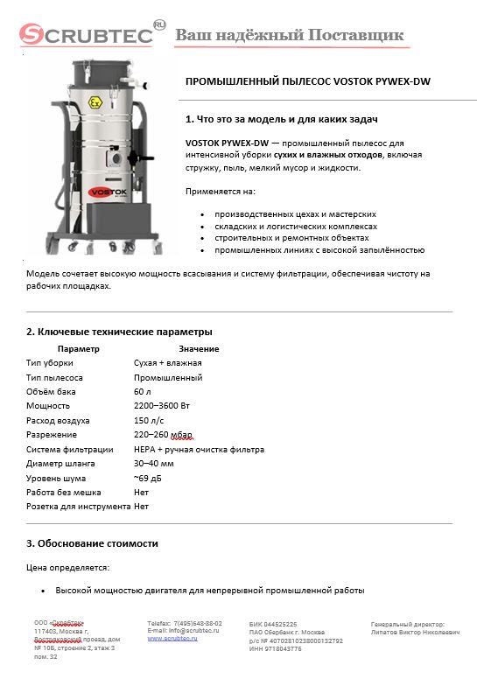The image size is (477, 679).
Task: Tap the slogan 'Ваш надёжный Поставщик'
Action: (290, 35)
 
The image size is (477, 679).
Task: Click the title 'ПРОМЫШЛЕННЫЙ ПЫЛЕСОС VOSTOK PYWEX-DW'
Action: (308, 82)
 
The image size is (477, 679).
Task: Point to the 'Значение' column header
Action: (199, 349)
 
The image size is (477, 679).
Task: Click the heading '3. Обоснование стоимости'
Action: (92, 543)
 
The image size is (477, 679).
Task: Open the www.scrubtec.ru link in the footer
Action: (173, 639)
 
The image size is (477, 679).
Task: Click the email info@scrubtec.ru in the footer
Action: (184, 630)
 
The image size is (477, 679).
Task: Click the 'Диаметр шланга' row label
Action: (60, 464)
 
